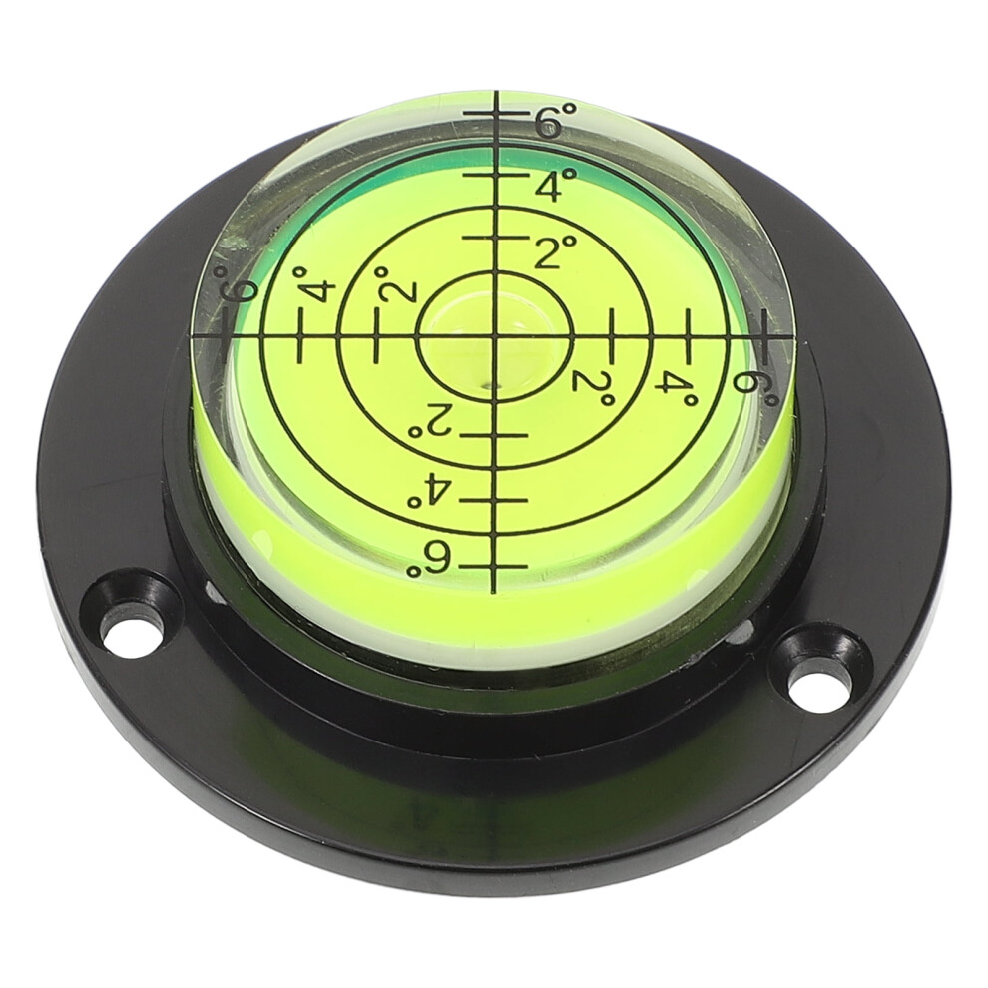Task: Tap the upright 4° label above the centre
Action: tap(556, 184)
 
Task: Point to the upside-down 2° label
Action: tap(431, 422)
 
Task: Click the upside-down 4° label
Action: tap(431, 487)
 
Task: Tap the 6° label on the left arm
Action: tap(237, 287)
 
